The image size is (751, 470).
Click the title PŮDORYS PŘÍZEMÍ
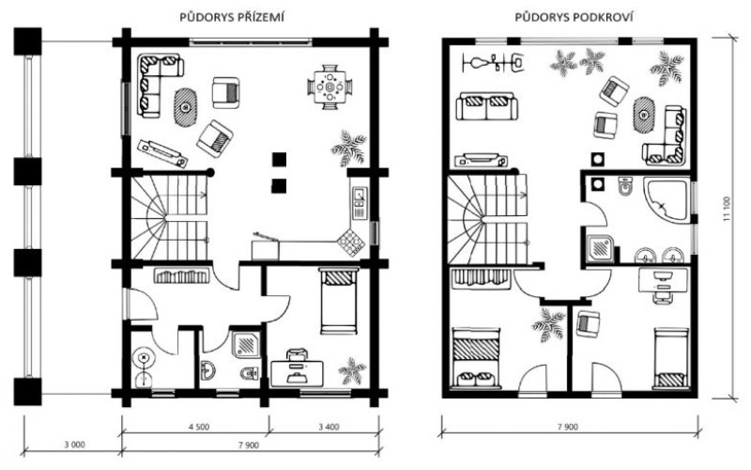pyautogui.click(x=232, y=18)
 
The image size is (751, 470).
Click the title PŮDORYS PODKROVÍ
pyautogui.click(x=575, y=18)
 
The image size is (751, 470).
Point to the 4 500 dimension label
pyautogui.click(x=198, y=427)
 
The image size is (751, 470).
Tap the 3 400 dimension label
pyautogui.click(x=329, y=427)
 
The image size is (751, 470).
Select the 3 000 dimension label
pyautogui.click(x=75, y=445)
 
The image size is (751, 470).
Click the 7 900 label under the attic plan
pyautogui.click(x=568, y=427)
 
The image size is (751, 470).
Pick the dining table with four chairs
pyautogui.click(x=330, y=87)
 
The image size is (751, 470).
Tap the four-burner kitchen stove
pyautogui.click(x=350, y=243)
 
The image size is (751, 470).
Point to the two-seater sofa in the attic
pyautogui.click(x=487, y=107)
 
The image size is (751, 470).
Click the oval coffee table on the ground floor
pyautogui.click(x=185, y=107)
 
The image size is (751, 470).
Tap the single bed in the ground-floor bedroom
pyautogui.click(x=339, y=301)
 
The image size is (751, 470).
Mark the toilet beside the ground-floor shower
pyautogui.click(x=249, y=372)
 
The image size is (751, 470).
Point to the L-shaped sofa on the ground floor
pyautogui.click(x=156, y=83)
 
